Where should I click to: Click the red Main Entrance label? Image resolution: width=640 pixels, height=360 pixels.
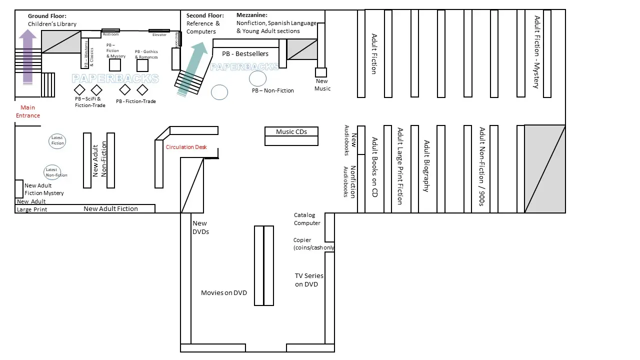click(28, 111)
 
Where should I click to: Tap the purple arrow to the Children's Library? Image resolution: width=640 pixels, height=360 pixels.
click(28, 55)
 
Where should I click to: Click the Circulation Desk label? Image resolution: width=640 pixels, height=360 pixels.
click(186, 147)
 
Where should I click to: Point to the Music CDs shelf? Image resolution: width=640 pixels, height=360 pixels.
click(291, 132)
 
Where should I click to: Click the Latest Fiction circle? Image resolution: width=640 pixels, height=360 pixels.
click(57, 140)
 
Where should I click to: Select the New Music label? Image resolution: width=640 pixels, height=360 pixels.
click(322, 85)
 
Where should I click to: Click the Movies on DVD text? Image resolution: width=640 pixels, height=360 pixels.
click(223, 293)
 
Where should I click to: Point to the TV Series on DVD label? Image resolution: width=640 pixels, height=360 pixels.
click(308, 280)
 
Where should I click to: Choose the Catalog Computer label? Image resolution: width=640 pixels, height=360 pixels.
click(307, 219)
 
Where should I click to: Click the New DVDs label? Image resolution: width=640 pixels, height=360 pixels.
click(200, 227)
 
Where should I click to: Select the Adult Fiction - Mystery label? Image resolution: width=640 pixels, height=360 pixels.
click(537, 52)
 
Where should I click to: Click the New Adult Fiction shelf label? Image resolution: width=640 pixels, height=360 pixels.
click(110, 209)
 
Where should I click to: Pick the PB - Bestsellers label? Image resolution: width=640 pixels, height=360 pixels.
click(245, 54)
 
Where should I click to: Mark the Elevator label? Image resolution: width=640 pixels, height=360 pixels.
click(159, 34)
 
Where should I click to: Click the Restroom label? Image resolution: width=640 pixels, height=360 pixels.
click(110, 34)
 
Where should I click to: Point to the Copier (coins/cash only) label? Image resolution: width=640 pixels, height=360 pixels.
click(313, 244)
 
